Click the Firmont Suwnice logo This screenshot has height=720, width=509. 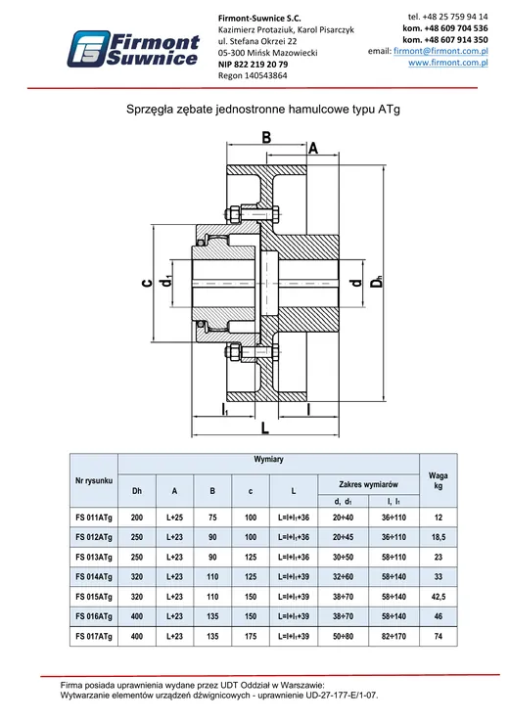[133, 49]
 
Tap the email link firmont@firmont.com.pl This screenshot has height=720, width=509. [440, 51]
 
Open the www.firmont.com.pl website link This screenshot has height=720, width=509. [448, 63]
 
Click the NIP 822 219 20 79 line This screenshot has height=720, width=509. [254, 65]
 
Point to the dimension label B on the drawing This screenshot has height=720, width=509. [266, 137]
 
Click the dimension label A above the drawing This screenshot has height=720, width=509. [313, 149]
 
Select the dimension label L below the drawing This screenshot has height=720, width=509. [265, 427]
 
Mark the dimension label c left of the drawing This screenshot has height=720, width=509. [147, 284]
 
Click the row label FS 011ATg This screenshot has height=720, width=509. [94, 517]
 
